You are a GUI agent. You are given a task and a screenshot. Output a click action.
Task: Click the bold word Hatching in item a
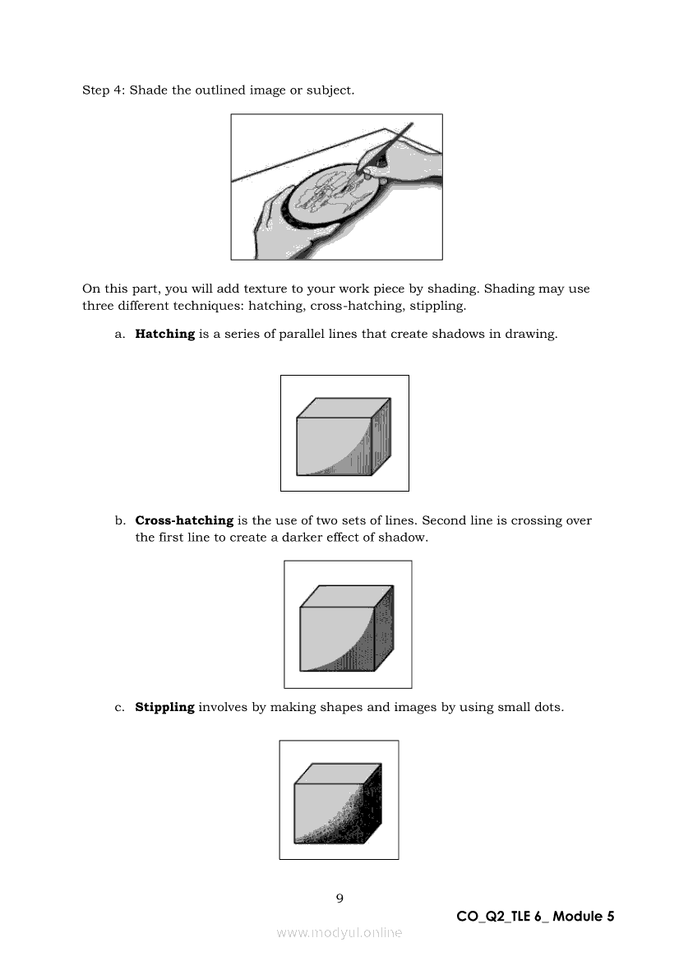[164, 334]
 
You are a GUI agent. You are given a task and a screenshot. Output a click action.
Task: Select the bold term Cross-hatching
[184, 520]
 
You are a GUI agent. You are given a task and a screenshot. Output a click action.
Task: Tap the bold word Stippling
[164, 707]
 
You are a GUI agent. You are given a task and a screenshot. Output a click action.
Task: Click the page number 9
[339, 898]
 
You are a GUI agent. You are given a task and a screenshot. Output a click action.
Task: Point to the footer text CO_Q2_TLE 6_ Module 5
[535, 916]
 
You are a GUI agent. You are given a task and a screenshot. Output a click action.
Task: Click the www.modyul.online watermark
[339, 932]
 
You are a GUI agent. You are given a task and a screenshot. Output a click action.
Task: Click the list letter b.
[120, 520]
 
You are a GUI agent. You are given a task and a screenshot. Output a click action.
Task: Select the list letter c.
[120, 707]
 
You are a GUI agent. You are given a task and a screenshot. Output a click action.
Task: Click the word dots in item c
[546, 707]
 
